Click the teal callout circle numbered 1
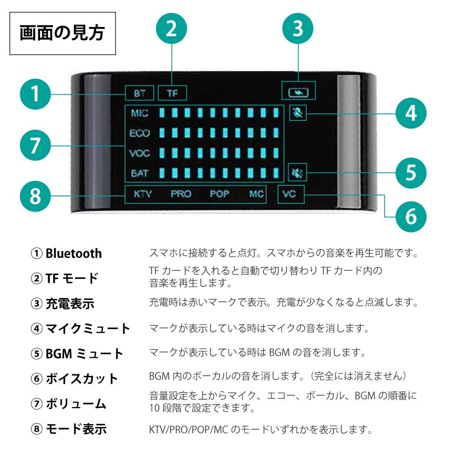point(35,94)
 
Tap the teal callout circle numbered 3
point(298,28)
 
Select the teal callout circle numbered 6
point(411,216)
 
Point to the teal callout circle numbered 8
point(35,196)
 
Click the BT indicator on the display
point(140,93)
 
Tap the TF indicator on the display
point(172,93)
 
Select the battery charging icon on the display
point(298,93)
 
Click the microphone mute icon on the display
point(298,113)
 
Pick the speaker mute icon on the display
point(297,172)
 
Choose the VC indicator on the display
point(289,194)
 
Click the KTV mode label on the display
point(142,194)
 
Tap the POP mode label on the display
point(220,194)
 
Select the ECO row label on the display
point(140,133)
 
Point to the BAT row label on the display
point(140,173)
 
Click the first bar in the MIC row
point(162,113)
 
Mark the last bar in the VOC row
point(276,153)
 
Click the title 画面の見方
point(62,33)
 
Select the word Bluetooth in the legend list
point(73,253)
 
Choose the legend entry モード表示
point(76,429)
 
